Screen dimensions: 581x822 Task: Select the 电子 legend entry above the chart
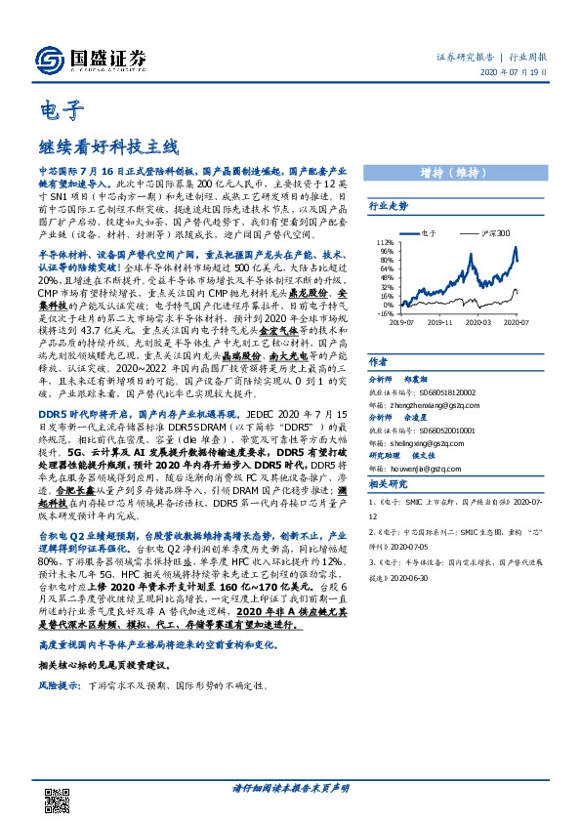[431, 234]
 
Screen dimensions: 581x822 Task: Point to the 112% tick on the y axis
[385, 241]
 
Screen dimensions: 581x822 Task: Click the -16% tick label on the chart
[385, 314]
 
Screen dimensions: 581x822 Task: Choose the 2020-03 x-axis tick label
[481, 321]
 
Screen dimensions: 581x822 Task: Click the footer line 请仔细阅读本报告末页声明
[290, 787]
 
